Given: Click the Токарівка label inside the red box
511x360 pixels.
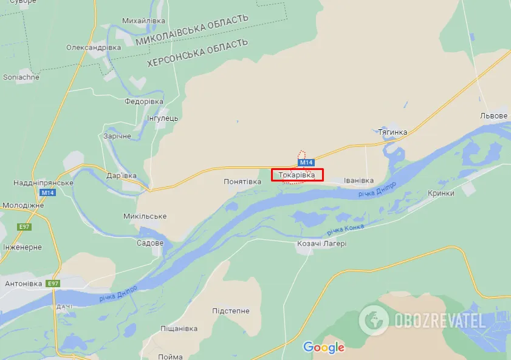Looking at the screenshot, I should [x=297, y=175].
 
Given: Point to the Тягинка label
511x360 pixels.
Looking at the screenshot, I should [x=392, y=132].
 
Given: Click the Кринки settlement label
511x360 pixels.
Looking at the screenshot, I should [x=441, y=193].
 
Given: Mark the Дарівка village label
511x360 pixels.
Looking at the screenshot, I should [x=120, y=176].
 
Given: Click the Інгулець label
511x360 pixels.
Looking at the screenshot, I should [x=163, y=118].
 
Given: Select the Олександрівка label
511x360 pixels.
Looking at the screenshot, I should [x=94, y=47].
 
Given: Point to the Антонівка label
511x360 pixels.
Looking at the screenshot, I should [x=23, y=284].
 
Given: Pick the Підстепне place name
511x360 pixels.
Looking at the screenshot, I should [x=231, y=311].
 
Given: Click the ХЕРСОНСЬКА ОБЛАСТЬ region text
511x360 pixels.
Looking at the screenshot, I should [x=197, y=53].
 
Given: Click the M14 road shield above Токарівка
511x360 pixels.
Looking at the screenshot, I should [x=306, y=162].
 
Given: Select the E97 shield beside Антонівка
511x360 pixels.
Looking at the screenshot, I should [x=54, y=284].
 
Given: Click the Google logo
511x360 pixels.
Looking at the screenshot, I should [x=324, y=347].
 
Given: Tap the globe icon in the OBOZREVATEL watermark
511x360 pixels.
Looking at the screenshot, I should [x=373, y=320].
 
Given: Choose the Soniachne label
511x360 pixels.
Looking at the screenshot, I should [x=21, y=77].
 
